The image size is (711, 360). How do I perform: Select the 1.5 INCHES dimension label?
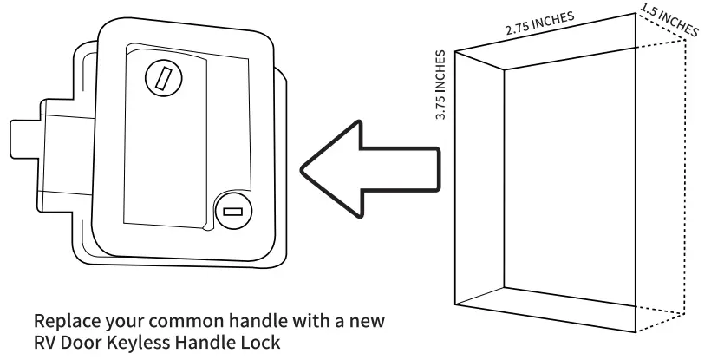click(669, 21)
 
